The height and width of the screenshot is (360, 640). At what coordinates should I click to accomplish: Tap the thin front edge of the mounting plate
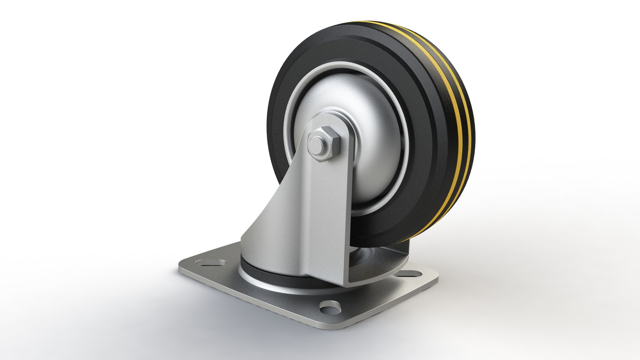(250, 297)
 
